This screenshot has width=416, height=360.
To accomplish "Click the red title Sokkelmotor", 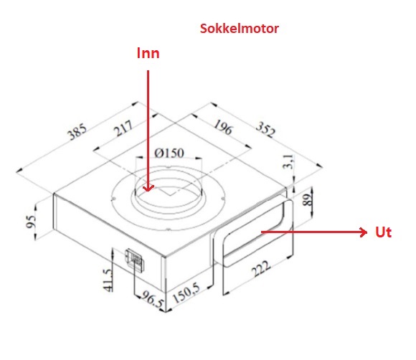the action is point(240,29).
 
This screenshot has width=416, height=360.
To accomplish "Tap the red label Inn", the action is point(148,53).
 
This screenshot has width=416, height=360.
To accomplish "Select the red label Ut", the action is point(384,232).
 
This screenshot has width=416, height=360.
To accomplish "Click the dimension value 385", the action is point(77,131).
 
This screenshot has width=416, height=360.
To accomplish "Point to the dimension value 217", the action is point(123,128).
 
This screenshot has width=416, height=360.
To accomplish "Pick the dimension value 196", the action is point(223,127).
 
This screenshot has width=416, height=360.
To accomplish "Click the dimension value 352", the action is point(266,130).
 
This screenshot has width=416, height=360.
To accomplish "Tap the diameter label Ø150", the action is point(169,153).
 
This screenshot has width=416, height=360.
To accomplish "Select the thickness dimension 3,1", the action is point(288,161).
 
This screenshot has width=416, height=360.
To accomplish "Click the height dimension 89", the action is point(307,200).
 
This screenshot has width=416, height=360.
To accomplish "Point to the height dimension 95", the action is point(31,222).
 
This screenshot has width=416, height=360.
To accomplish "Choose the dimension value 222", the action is point(261,269).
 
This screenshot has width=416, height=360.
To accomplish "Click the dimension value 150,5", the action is point(186,293).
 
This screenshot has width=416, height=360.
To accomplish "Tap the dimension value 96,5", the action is point(152,299).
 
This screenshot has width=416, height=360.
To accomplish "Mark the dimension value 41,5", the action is point(108,280).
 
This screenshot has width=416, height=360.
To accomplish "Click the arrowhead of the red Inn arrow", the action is point(148,188).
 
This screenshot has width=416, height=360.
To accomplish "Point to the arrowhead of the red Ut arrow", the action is point(364,232).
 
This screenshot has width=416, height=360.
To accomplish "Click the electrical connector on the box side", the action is point(135,259).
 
